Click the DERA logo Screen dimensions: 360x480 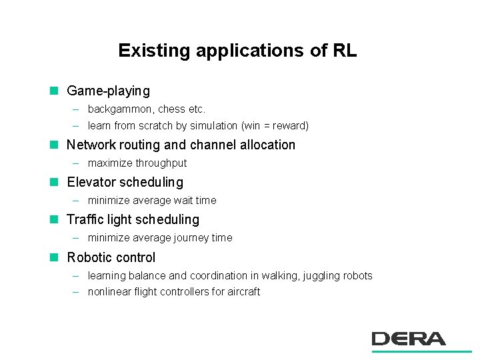point(409,339)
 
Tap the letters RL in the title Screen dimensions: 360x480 point(344,51)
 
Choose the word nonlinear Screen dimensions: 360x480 point(109,292)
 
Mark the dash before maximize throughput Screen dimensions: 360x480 point(76,163)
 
